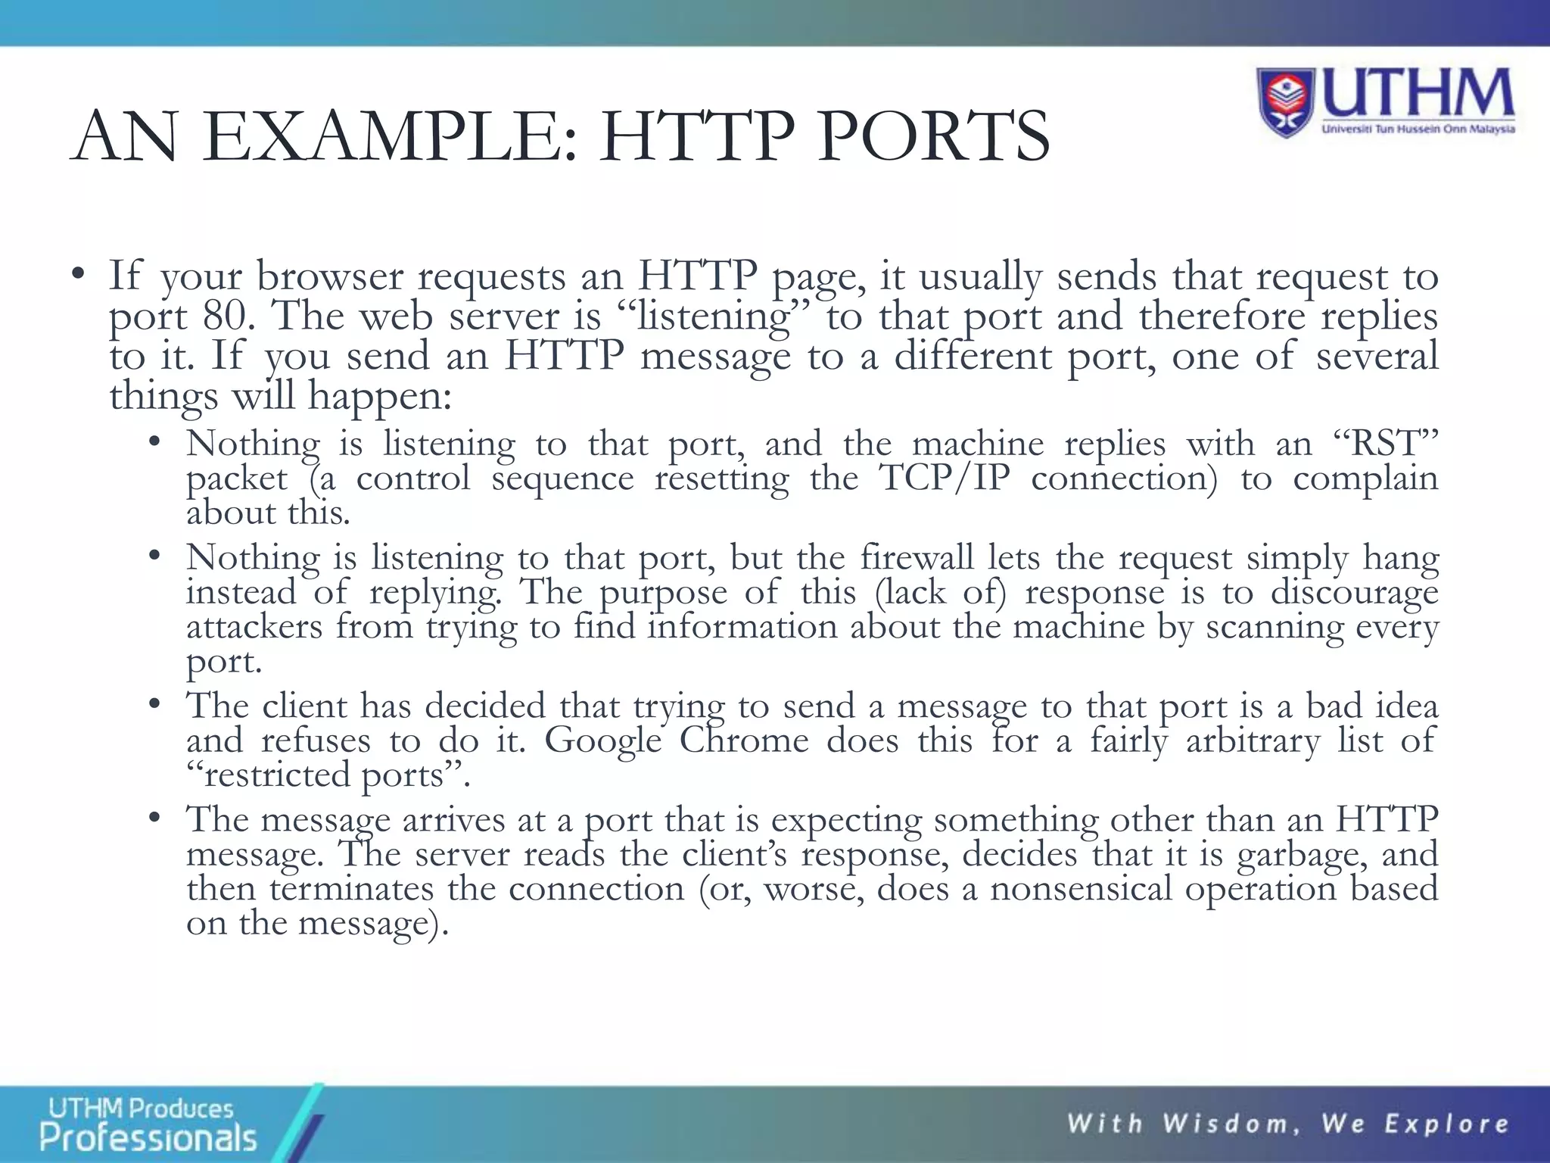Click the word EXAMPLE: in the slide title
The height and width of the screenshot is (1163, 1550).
391,137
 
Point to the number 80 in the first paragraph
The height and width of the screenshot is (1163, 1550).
226,316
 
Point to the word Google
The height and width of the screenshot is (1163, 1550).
603,741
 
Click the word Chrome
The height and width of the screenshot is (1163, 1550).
744,741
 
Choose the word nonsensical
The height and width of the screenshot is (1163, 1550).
1081,889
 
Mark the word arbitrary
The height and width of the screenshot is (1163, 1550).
1253,741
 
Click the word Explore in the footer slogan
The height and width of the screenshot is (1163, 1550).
1446,1124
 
